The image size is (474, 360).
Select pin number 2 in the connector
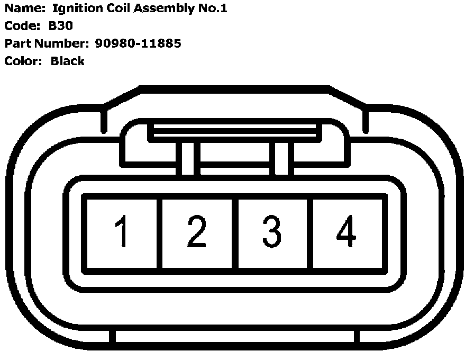(197, 232)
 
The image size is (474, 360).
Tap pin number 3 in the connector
(272, 232)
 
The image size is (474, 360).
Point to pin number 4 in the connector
(346, 232)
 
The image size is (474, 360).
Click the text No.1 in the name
(213, 9)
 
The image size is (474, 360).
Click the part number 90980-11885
(139, 43)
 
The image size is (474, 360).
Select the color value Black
(67, 61)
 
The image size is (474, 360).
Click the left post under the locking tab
(188, 158)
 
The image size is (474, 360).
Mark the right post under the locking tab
(281, 158)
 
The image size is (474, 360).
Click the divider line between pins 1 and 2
(159, 233)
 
